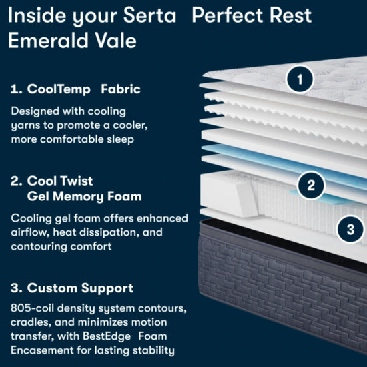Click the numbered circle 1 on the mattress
(x=300, y=79)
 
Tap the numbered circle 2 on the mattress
(x=311, y=186)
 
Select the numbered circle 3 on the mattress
(x=350, y=229)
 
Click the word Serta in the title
(x=149, y=15)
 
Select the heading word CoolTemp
(x=59, y=89)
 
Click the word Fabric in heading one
(x=121, y=89)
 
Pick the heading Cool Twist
(x=60, y=181)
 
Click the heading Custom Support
(x=80, y=288)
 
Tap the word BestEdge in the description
(x=107, y=336)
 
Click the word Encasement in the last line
(x=42, y=350)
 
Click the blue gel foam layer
(x=281, y=161)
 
